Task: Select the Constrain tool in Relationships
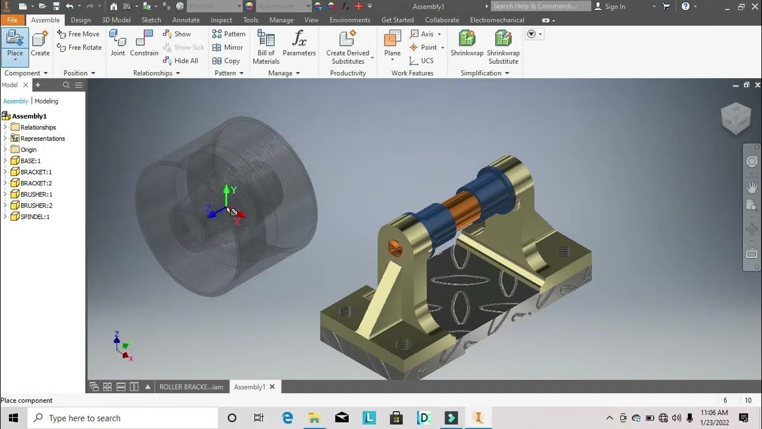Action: coord(144,43)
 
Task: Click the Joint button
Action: coord(118,43)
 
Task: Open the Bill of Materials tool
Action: coord(266,46)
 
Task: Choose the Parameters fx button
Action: coord(299,43)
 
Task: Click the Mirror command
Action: coord(228,47)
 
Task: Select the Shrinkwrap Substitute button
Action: coord(503,46)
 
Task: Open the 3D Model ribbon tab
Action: coord(116,20)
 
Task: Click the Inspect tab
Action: coord(221,20)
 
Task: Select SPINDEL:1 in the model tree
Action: coord(35,217)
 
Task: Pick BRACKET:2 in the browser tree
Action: coord(36,183)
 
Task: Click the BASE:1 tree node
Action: coord(30,161)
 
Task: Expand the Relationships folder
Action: coord(5,127)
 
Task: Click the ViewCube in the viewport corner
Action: coord(736,118)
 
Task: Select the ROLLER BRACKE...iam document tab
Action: coord(191,387)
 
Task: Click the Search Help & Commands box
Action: coord(541,7)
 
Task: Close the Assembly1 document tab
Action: coord(273,387)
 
